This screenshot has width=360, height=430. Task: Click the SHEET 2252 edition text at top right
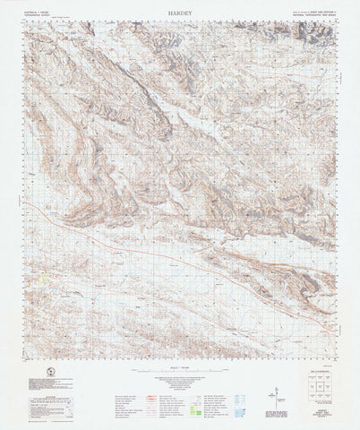318,13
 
